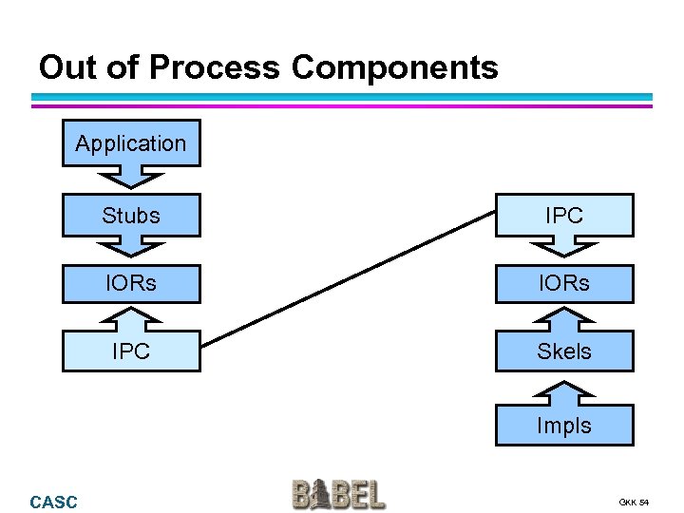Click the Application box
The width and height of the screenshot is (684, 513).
[x=131, y=143]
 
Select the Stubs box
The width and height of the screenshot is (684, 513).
[x=131, y=216]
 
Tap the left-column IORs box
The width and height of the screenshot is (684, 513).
[x=131, y=283]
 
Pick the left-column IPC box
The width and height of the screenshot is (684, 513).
[x=131, y=351]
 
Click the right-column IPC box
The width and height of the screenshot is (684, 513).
[x=564, y=216]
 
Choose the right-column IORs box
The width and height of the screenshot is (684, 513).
[x=564, y=283]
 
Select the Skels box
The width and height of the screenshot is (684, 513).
[x=564, y=351]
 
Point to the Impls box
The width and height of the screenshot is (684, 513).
[x=564, y=426]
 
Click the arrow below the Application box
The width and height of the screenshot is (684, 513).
[x=131, y=177]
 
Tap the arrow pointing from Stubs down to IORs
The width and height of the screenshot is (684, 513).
[x=131, y=247]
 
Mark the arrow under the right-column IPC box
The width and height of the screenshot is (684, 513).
[x=564, y=247]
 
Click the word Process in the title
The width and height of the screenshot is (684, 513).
[x=214, y=67]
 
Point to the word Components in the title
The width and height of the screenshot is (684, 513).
[x=394, y=67]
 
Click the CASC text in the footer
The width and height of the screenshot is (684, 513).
[x=54, y=502]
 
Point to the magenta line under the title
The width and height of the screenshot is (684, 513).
[x=342, y=105]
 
